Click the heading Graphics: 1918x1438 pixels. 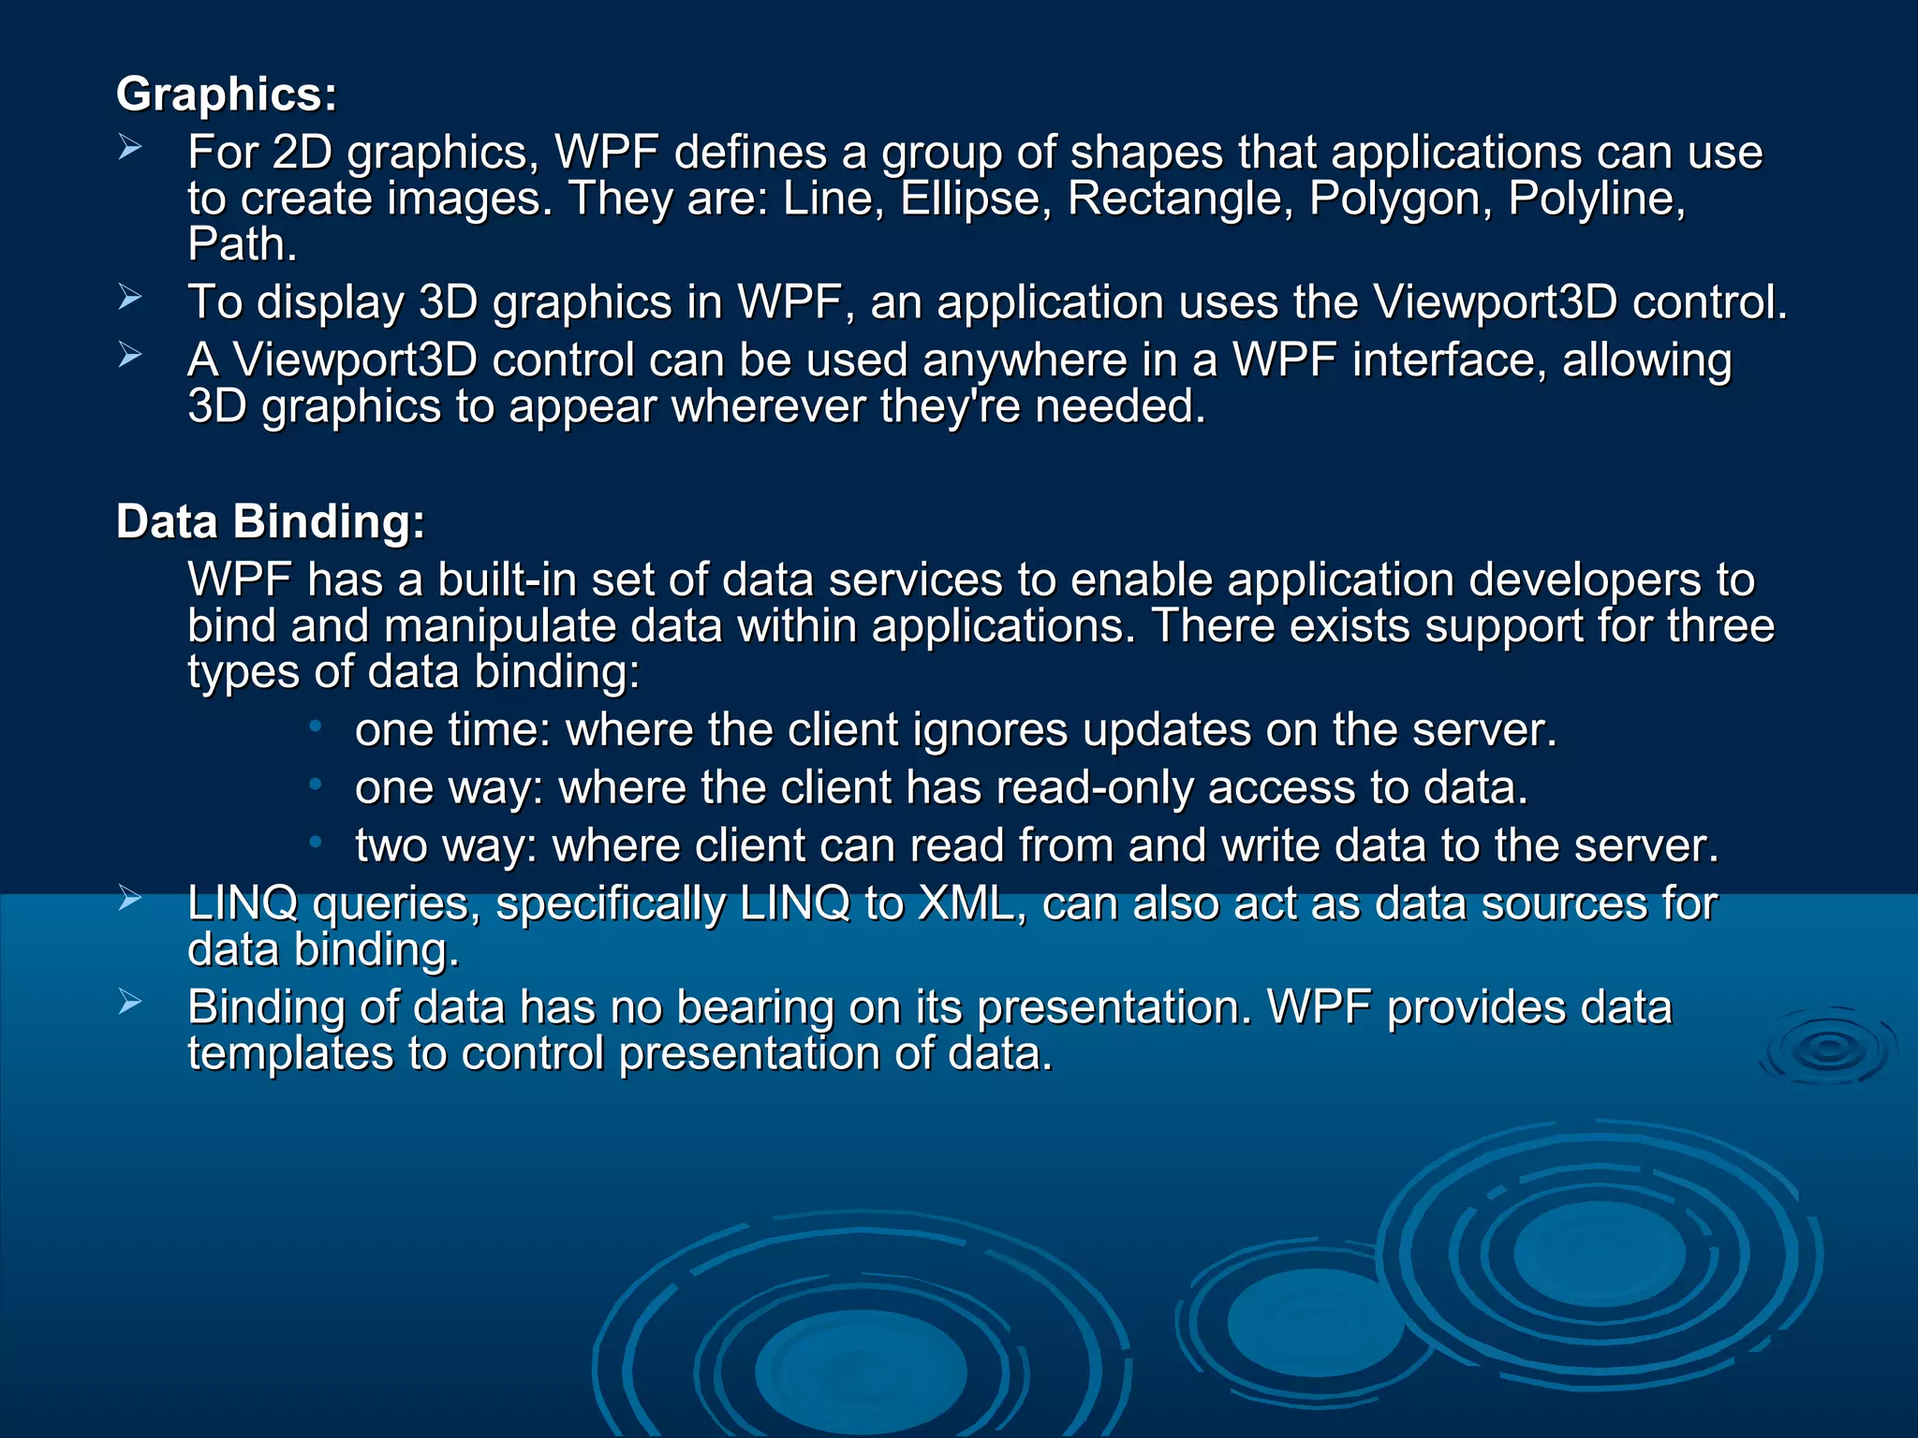click(226, 95)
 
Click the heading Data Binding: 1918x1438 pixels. click(270, 521)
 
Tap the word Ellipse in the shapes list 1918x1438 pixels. click(970, 198)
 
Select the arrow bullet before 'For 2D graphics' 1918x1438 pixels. click(130, 147)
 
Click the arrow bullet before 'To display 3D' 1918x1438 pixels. click(130, 298)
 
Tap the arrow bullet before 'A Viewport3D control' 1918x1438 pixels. click(130, 356)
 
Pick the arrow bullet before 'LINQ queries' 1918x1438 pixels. click(130, 899)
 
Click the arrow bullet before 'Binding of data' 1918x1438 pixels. click(130, 1003)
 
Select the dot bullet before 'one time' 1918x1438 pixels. click(317, 726)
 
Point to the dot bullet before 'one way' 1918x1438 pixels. click(317, 785)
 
